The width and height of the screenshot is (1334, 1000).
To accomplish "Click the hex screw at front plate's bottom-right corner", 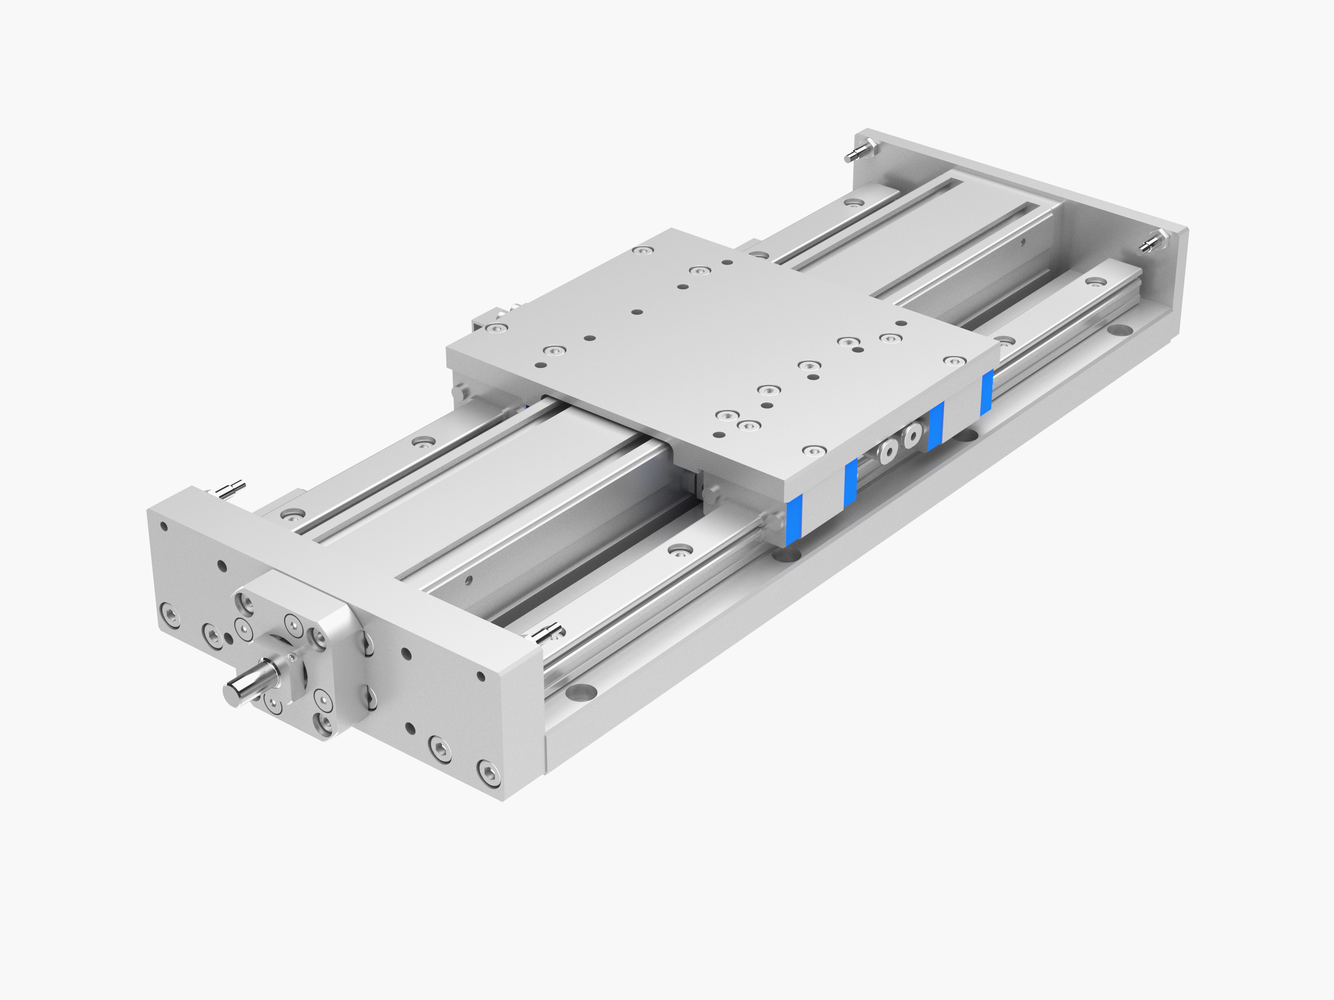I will click(x=487, y=774).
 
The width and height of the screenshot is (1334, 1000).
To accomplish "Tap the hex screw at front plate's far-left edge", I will click(x=170, y=616).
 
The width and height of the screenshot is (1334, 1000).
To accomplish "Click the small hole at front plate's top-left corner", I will click(x=163, y=526).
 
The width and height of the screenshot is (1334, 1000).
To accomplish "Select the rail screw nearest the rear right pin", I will click(x=1095, y=281).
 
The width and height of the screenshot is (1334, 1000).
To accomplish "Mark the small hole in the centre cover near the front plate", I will click(x=469, y=580).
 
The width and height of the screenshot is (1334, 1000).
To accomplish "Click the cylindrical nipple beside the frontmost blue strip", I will click(x=772, y=519).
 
